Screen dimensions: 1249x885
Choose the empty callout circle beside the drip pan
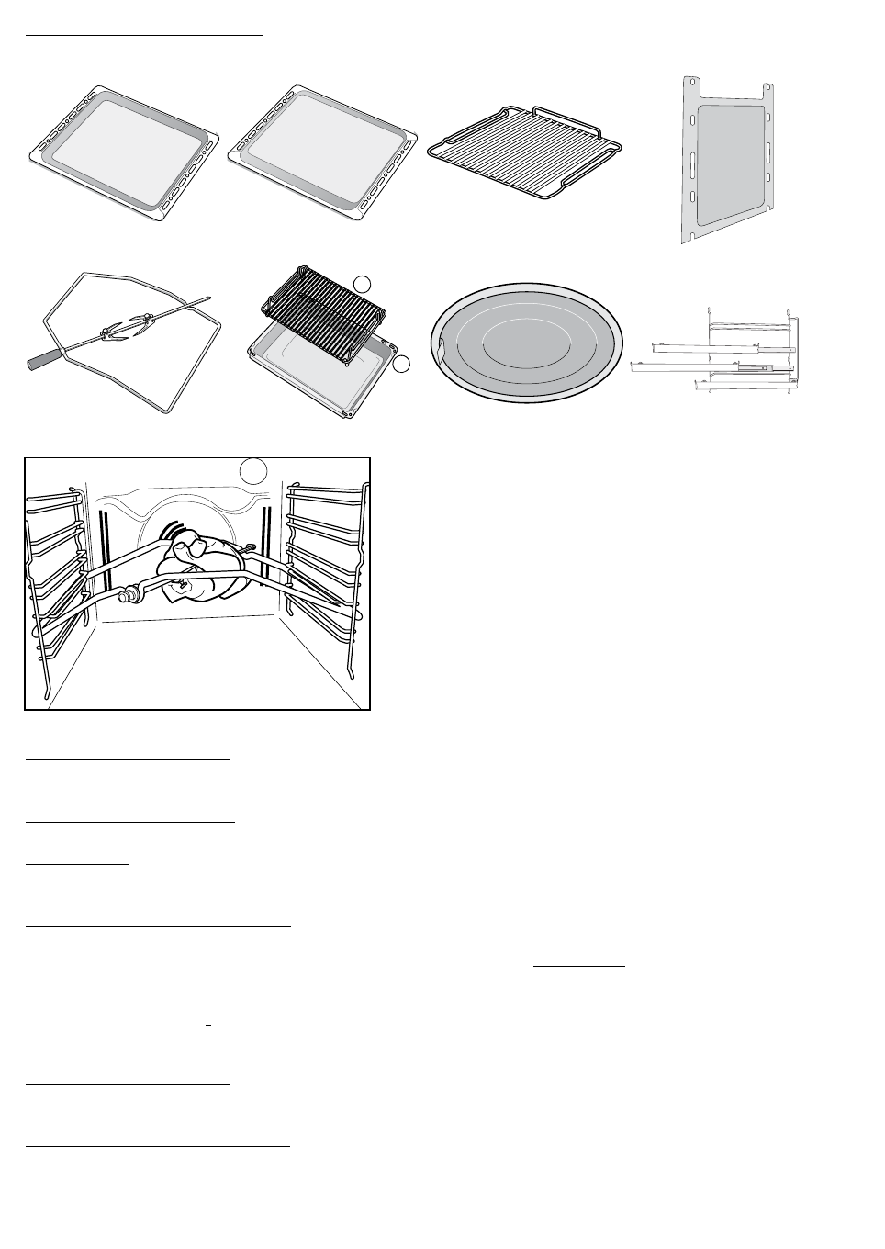click(400, 365)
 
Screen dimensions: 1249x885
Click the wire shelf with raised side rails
click(527, 152)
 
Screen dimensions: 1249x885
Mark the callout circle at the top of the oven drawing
click(253, 470)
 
